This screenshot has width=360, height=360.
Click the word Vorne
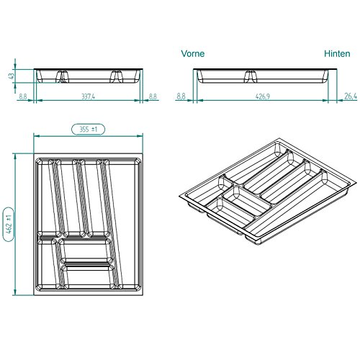(193, 53)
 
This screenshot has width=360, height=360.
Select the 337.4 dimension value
(87, 95)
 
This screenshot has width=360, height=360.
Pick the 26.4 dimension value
(351, 95)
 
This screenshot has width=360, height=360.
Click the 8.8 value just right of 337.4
(153, 95)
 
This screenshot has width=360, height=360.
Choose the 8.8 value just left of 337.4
(22, 95)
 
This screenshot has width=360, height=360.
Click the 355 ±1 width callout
(88, 129)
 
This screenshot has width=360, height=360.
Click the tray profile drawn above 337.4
(87, 76)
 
